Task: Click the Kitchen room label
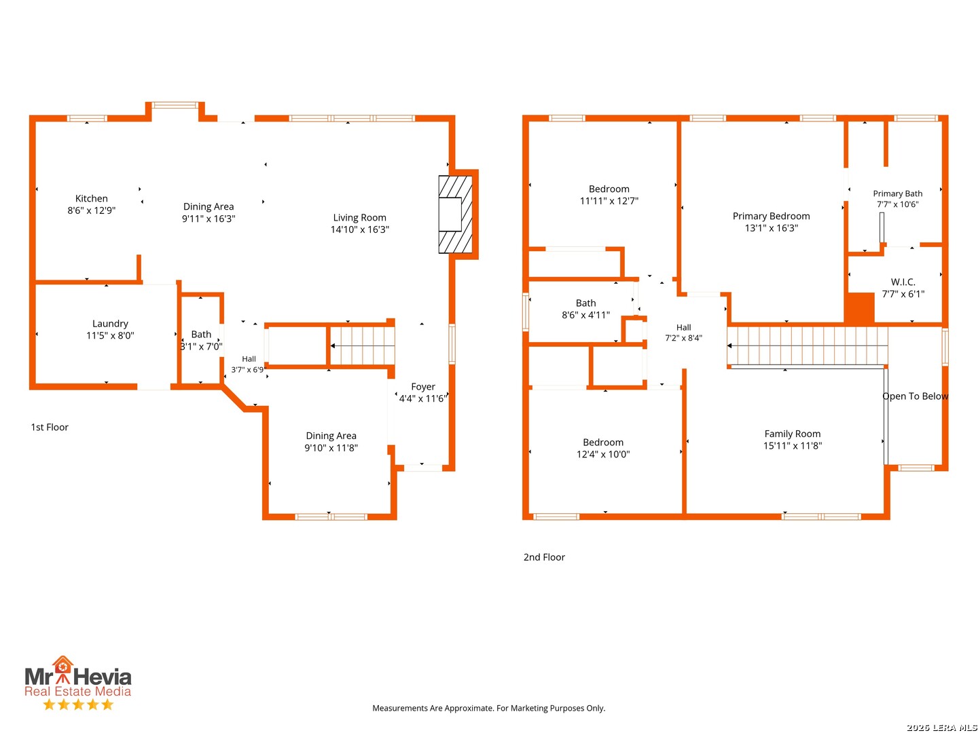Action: [91, 198]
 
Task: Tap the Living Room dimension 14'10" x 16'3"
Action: [359, 229]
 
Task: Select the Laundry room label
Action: [110, 324]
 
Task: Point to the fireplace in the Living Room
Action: [455, 214]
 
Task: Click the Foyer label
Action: [423, 387]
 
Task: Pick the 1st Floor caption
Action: [50, 428]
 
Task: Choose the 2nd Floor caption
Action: [544, 557]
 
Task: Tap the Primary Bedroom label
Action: [772, 217]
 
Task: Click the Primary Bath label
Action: [897, 193]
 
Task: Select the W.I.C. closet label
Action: [903, 282]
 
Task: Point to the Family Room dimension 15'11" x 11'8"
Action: [792, 445]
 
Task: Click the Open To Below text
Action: [915, 396]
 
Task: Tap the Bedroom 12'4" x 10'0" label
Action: [603, 448]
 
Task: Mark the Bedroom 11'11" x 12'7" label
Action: [609, 195]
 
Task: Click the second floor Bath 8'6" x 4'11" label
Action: [585, 309]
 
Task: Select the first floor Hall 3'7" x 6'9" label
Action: [249, 364]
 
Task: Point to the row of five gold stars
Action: [78, 704]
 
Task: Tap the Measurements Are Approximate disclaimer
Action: [489, 708]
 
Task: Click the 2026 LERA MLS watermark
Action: [941, 727]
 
